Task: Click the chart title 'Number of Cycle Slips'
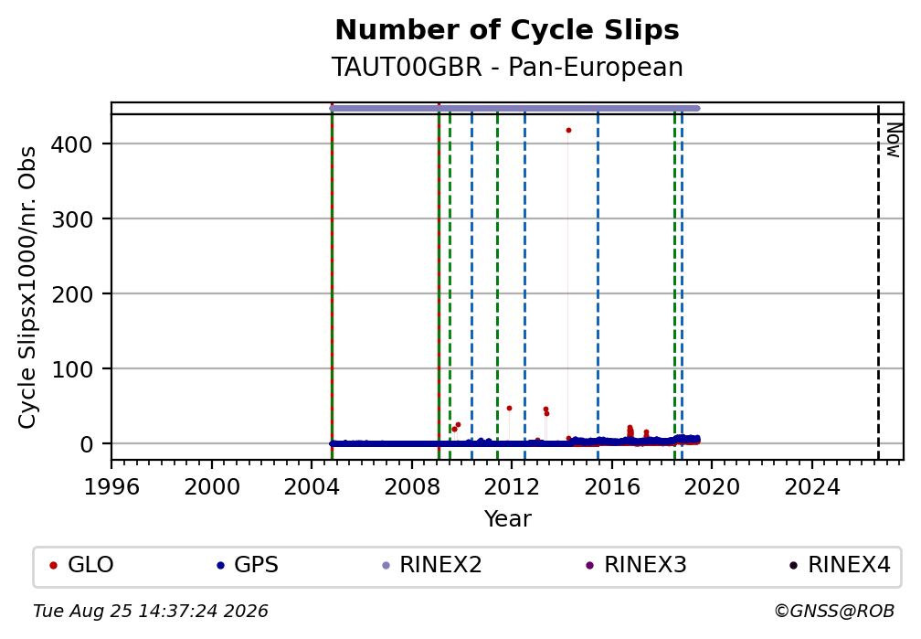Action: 507,30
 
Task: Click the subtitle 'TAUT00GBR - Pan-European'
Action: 507,67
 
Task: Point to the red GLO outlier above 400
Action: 568,131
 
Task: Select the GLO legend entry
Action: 81,565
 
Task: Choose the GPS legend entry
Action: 248,565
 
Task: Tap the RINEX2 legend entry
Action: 431,565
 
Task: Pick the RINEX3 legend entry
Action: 636,565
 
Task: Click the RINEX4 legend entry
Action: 840,565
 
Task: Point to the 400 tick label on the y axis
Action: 72,144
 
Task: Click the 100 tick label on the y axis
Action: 72,369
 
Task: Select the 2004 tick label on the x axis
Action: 312,486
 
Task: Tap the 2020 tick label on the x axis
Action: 712,486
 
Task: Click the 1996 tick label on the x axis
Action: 111,486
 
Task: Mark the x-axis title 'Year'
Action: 507,518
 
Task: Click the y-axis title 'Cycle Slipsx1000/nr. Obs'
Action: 27,287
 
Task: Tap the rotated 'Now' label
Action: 893,141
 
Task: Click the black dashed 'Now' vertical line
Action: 878,281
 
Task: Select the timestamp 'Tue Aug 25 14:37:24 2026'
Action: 151,612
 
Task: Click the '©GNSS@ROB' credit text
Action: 834,612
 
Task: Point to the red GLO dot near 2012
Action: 509,408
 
